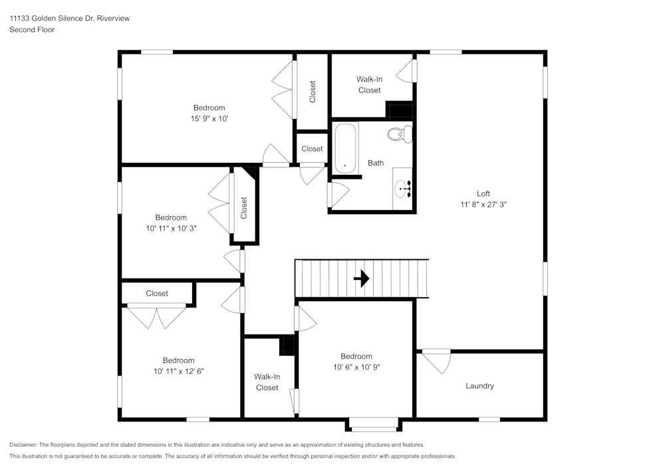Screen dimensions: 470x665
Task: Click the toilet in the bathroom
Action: pyautogui.click(x=400, y=134)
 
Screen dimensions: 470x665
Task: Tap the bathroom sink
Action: pyautogui.click(x=403, y=189)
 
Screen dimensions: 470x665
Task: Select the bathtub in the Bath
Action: pyautogui.click(x=345, y=148)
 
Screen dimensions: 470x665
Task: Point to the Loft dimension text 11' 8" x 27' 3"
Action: pyautogui.click(x=483, y=205)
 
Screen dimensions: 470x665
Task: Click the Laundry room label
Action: pyautogui.click(x=479, y=386)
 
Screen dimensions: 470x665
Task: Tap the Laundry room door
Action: pyautogui.click(x=436, y=360)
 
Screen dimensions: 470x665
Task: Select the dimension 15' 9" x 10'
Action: pyautogui.click(x=209, y=118)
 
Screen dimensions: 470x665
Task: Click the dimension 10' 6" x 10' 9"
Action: pyautogui.click(x=356, y=367)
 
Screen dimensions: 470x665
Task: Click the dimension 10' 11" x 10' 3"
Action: pyautogui.click(x=171, y=228)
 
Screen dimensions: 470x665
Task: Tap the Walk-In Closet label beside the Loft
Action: pyautogui.click(x=369, y=84)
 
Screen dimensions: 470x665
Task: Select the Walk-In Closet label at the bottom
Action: pyautogui.click(x=267, y=382)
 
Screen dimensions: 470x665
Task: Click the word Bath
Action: pyautogui.click(x=376, y=163)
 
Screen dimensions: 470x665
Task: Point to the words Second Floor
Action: pyautogui.click(x=32, y=30)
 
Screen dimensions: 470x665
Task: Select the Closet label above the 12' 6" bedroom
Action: pyautogui.click(x=157, y=293)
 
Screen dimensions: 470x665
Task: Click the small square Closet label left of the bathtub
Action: pyautogui.click(x=312, y=149)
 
